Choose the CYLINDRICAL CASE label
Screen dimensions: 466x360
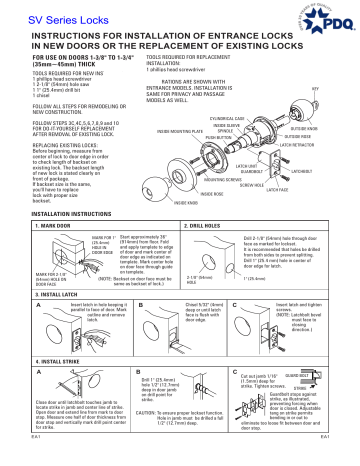pos(225,117)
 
